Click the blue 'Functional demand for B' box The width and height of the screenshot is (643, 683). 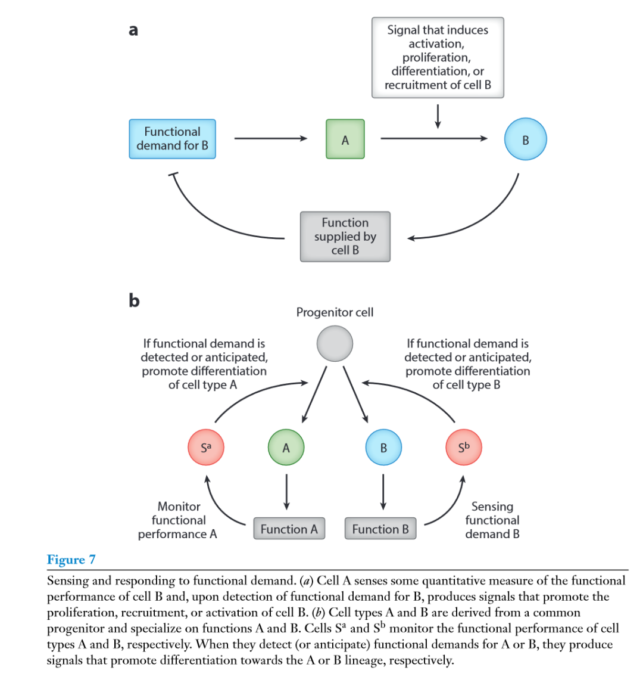[x=172, y=139]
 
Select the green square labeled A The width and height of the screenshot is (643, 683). [x=345, y=139]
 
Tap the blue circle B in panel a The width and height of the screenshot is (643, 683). [x=526, y=139]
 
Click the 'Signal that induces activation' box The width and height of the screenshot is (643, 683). [x=438, y=57]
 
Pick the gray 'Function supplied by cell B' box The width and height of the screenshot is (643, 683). [x=345, y=237]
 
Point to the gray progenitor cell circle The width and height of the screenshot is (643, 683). [x=335, y=343]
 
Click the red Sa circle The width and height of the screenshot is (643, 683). [x=206, y=448]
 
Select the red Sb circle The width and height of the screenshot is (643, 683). [x=464, y=448]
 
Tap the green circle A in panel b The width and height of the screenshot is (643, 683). [x=286, y=448]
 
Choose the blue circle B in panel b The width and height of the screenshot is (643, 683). [x=383, y=448]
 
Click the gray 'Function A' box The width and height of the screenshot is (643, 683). [x=289, y=529]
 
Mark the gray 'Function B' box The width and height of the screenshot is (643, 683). [x=380, y=529]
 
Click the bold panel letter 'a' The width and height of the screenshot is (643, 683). [x=133, y=30]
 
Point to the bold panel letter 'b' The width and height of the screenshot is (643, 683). [x=134, y=300]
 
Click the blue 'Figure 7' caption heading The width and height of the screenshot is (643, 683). [x=71, y=559]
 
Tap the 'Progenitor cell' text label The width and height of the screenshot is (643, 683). [x=335, y=312]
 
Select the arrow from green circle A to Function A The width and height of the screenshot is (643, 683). [x=286, y=492]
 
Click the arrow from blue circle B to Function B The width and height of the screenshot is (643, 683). [x=383, y=492]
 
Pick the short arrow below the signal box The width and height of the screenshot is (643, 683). [x=438, y=116]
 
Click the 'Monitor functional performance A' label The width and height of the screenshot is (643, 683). [x=178, y=520]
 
